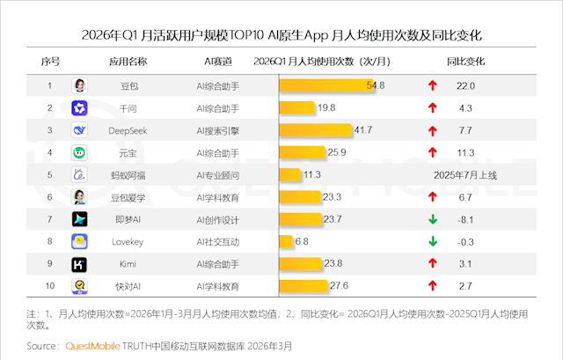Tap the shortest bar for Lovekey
click(286, 240)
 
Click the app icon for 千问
click(80, 107)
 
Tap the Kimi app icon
click(80, 263)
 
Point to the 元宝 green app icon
click(80, 152)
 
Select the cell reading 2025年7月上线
click(465, 174)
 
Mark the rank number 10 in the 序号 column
click(50, 285)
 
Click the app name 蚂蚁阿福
click(128, 174)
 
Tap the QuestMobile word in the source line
click(96, 346)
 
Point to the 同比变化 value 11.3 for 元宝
click(466, 152)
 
